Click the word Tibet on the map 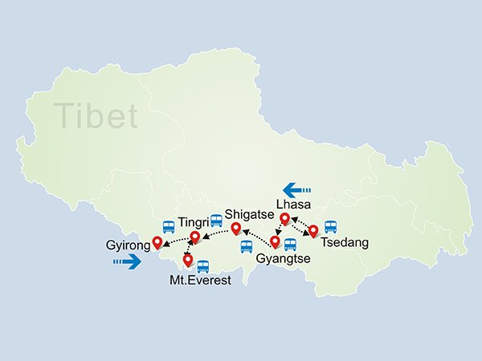(x=96, y=116)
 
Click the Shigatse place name (x=251, y=213)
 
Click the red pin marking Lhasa (x=284, y=218)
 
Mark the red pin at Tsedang (x=313, y=231)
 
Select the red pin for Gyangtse (x=276, y=241)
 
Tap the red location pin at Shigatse (x=236, y=229)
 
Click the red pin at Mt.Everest (x=188, y=260)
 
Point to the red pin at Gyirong (x=157, y=242)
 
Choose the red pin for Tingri (x=194, y=237)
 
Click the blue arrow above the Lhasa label (x=297, y=190)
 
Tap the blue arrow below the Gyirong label (x=127, y=261)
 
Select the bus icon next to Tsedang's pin (x=329, y=227)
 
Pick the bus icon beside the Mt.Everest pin (x=202, y=266)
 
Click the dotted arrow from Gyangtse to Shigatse (x=255, y=236)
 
